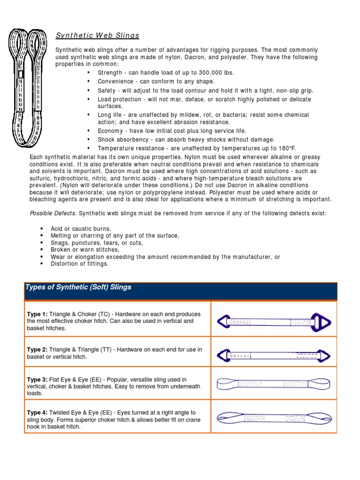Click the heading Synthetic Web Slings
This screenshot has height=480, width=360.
[97, 36]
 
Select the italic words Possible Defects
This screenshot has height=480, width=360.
[53, 213]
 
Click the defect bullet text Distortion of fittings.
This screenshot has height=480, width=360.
[79, 264]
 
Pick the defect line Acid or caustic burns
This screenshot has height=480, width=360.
[81, 229]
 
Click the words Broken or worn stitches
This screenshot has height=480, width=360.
[85, 250]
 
